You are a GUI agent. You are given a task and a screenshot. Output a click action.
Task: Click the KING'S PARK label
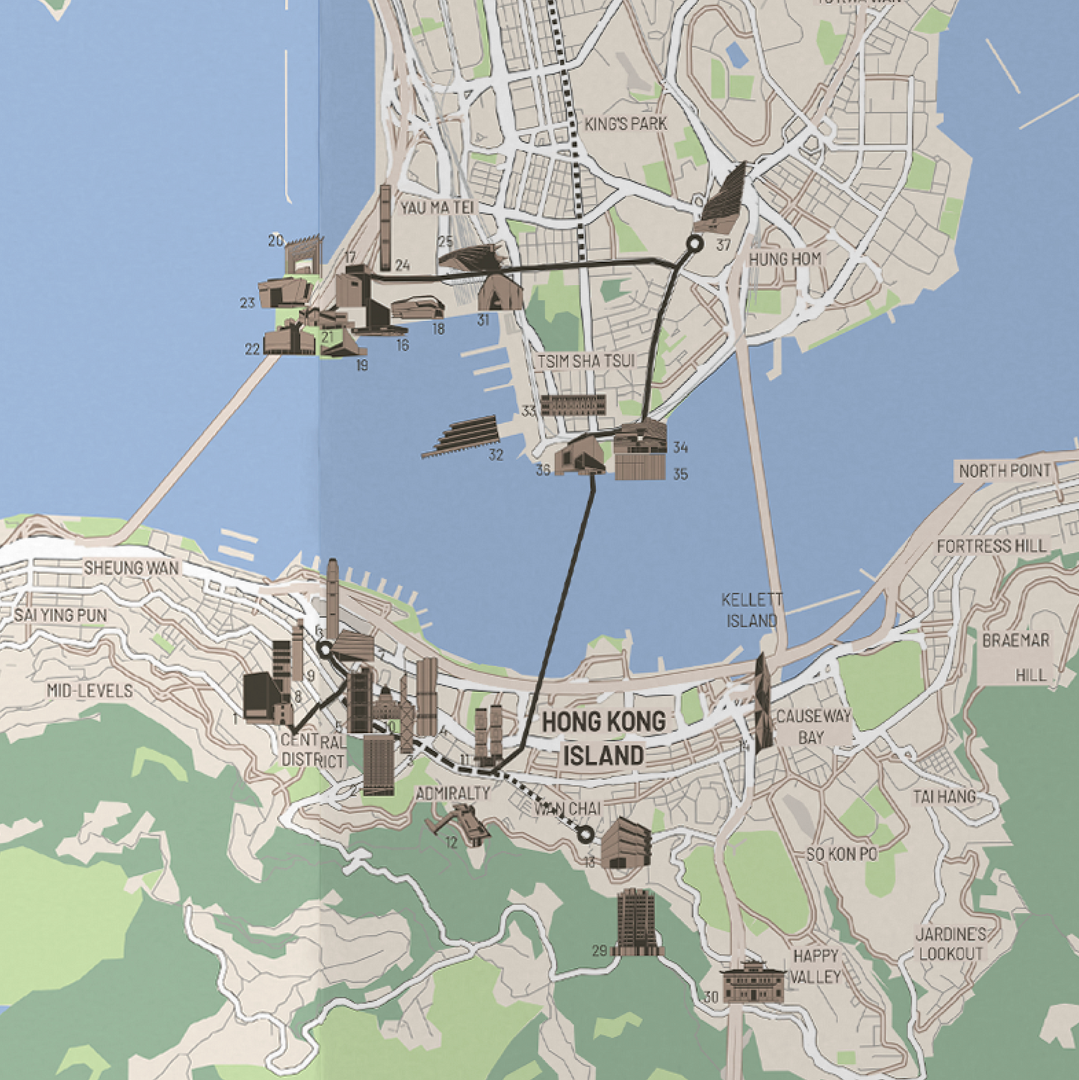click(x=626, y=124)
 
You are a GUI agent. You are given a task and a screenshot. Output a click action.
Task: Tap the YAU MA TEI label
click(x=437, y=207)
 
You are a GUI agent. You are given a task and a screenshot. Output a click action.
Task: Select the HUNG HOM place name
click(x=784, y=259)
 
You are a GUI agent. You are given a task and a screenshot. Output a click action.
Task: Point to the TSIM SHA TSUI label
click(x=586, y=361)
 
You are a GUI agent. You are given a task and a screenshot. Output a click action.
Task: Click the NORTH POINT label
click(x=1004, y=471)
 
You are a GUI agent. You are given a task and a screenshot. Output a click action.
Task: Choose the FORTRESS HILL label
click(x=992, y=546)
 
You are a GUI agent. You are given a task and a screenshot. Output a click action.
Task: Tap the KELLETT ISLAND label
click(x=751, y=610)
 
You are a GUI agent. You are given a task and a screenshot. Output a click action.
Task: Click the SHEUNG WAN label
click(x=131, y=568)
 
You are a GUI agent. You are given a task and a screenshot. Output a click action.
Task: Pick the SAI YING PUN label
click(x=60, y=615)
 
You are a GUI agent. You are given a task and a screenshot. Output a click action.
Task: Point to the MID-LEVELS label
click(x=90, y=690)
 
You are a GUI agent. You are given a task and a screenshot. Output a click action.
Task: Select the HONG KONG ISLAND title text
click(x=603, y=738)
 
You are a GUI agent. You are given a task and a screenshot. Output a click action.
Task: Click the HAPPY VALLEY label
click(x=816, y=966)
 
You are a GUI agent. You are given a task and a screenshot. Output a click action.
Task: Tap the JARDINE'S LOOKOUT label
click(x=951, y=944)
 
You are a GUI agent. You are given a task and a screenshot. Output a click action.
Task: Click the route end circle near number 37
click(x=695, y=243)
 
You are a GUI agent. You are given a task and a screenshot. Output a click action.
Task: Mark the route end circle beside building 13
click(x=585, y=834)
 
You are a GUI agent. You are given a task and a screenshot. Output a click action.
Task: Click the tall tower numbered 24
click(x=385, y=228)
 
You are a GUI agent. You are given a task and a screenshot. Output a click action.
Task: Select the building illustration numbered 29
click(x=636, y=922)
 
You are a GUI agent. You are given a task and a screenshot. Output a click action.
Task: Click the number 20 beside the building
click(x=276, y=240)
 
